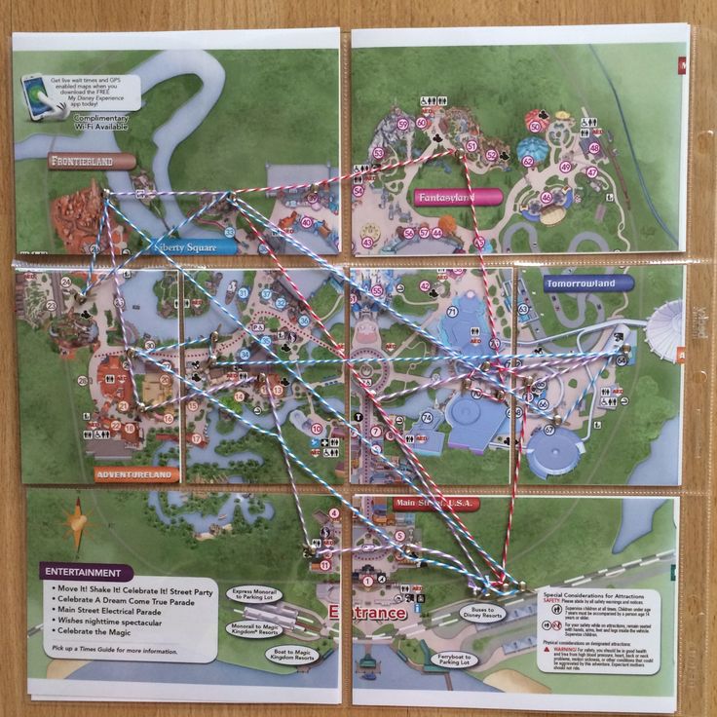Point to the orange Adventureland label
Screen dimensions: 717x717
click(x=137, y=475)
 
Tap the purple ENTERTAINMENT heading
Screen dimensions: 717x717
click(x=88, y=573)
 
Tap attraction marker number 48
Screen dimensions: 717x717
click(x=594, y=148)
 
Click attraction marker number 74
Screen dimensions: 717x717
click(x=427, y=418)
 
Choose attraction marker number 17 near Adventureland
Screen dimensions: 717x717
click(x=196, y=439)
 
